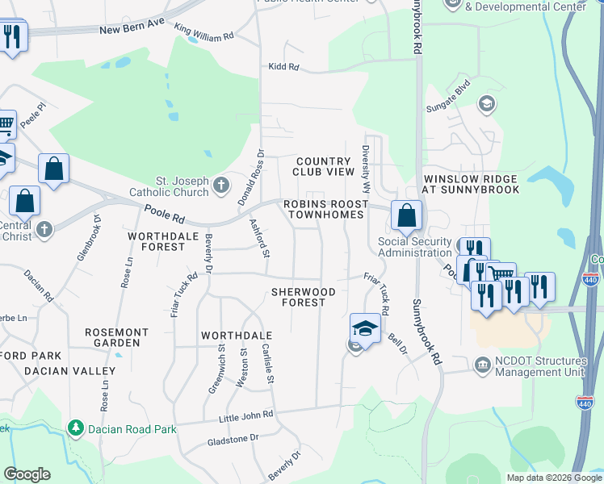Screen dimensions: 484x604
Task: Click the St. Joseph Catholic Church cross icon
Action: [x=222, y=186]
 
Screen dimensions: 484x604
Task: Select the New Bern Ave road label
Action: [x=132, y=30]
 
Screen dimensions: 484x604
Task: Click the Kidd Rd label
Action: [x=284, y=67]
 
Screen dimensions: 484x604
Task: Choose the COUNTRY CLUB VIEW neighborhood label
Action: [x=325, y=167]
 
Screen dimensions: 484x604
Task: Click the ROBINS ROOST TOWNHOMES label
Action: [x=322, y=209]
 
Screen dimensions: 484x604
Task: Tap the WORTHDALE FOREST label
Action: [x=156, y=241]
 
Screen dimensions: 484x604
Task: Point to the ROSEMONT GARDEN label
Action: [x=118, y=337]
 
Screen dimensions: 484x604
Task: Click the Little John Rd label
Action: [x=246, y=415]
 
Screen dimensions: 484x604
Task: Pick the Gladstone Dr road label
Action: [x=232, y=437]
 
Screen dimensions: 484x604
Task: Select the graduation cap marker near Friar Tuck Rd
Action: [x=365, y=328]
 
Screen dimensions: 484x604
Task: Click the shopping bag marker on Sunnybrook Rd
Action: [x=407, y=215]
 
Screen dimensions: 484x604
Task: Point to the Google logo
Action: [x=27, y=474]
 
